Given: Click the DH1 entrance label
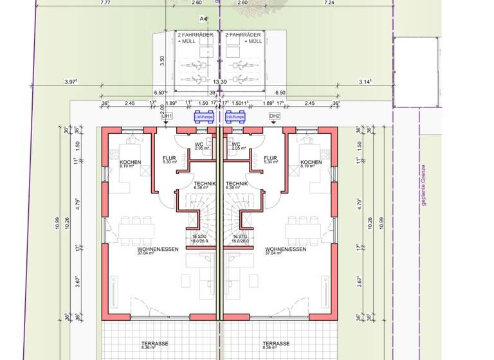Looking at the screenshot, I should [x=166, y=116].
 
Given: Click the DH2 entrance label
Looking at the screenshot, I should [x=275, y=116].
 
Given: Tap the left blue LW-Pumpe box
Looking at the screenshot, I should [x=204, y=118].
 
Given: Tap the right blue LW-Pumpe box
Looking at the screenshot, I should [x=235, y=118].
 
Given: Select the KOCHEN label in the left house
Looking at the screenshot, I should [x=131, y=163].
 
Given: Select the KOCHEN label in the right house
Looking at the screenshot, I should [x=311, y=163].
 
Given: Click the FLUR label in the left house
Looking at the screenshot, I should [x=169, y=159].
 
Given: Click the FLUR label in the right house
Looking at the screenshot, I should [x=271, y=159].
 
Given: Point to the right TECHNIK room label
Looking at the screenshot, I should [x=237, y=184].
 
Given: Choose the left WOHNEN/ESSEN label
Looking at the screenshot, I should [x=154, y=249].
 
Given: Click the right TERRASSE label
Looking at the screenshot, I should [x=275, y=345].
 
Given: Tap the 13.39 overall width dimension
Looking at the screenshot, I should [x=220, y=82].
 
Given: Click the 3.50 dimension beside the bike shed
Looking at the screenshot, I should [x=163, y=61].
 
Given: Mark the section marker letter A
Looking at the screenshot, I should [x=202, y=19].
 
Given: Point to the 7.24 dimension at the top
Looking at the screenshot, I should [x=329, y=3].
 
